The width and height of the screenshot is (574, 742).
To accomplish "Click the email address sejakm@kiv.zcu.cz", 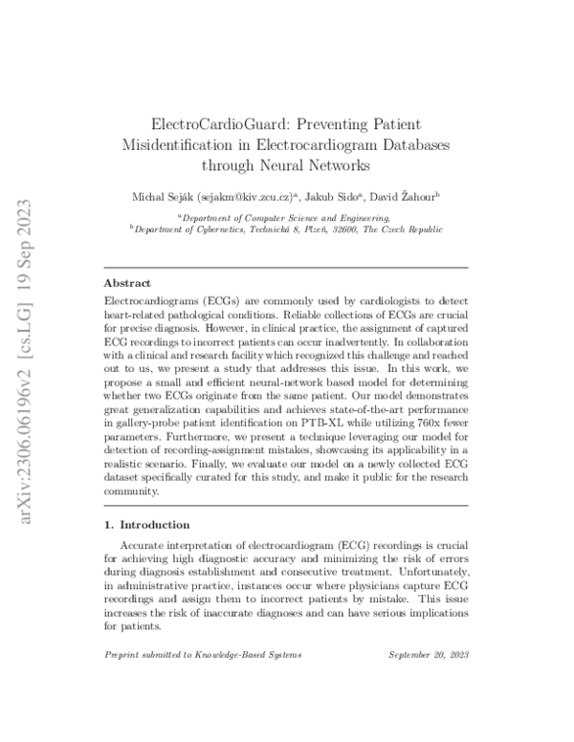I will click(246, 197).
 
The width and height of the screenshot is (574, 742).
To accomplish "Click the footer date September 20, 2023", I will click(429, 655).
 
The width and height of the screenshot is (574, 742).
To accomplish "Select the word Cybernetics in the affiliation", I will click(212, 230).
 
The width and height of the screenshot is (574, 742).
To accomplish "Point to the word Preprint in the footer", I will click(122, 655).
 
